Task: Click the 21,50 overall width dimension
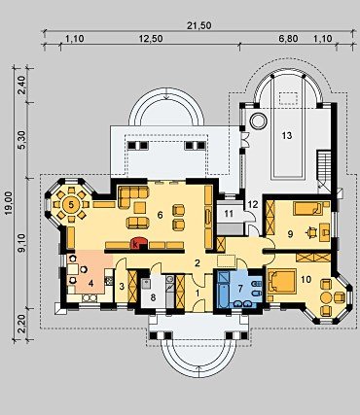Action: tap(198, 26)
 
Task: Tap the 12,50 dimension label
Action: tap(151, 39)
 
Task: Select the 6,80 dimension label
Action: tap(288, 39)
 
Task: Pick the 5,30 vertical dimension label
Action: tap(22, 141)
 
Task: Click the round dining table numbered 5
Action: tap(71, 204)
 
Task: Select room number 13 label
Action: tap(287, 135)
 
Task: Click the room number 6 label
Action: tap(160, 215)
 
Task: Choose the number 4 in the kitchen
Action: tap(91, 284)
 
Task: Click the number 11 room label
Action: tap(229, 214)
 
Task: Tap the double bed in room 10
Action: tap(281, 282)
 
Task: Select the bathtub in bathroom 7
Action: tap(224, 289)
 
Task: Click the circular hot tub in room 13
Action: tap(258, 121)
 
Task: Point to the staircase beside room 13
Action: tap(324, 170)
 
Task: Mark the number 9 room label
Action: tap(290, 234)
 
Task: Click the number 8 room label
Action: tap(154, 297)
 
